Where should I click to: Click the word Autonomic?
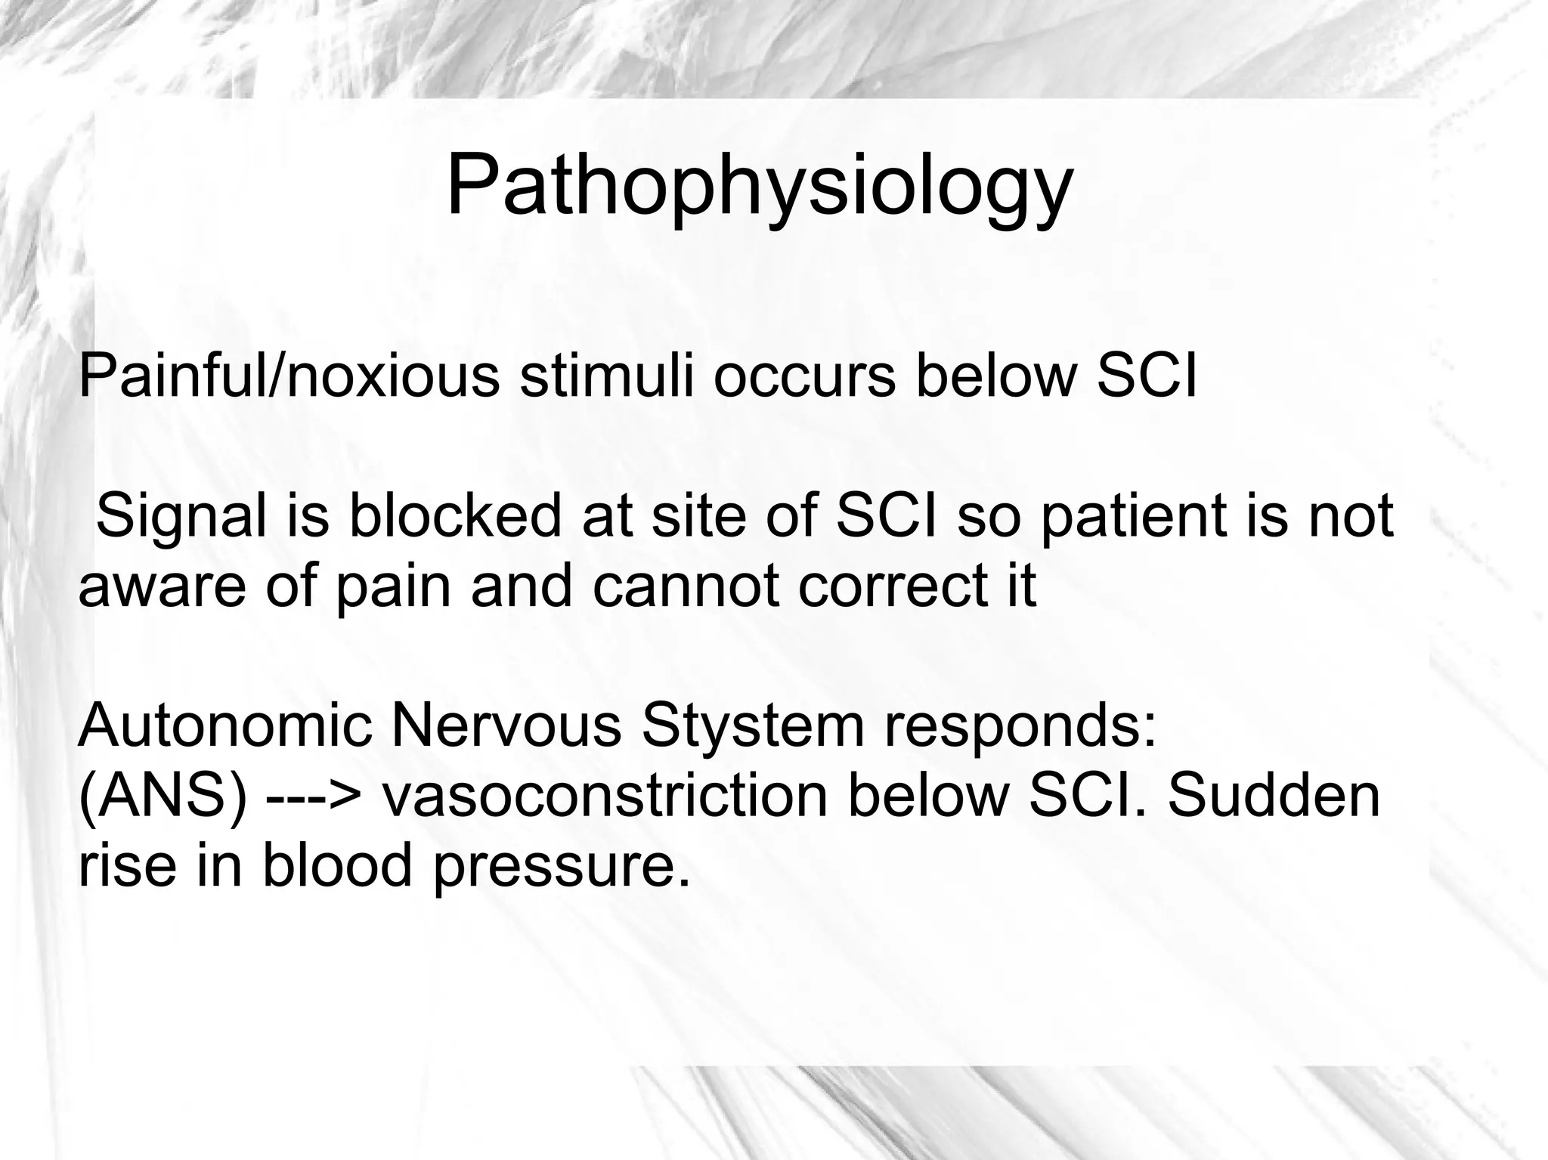[225, 727]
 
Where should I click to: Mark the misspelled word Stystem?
[752, 727]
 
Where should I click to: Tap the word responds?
[1020, 727]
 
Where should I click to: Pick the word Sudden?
[1274, 797]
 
